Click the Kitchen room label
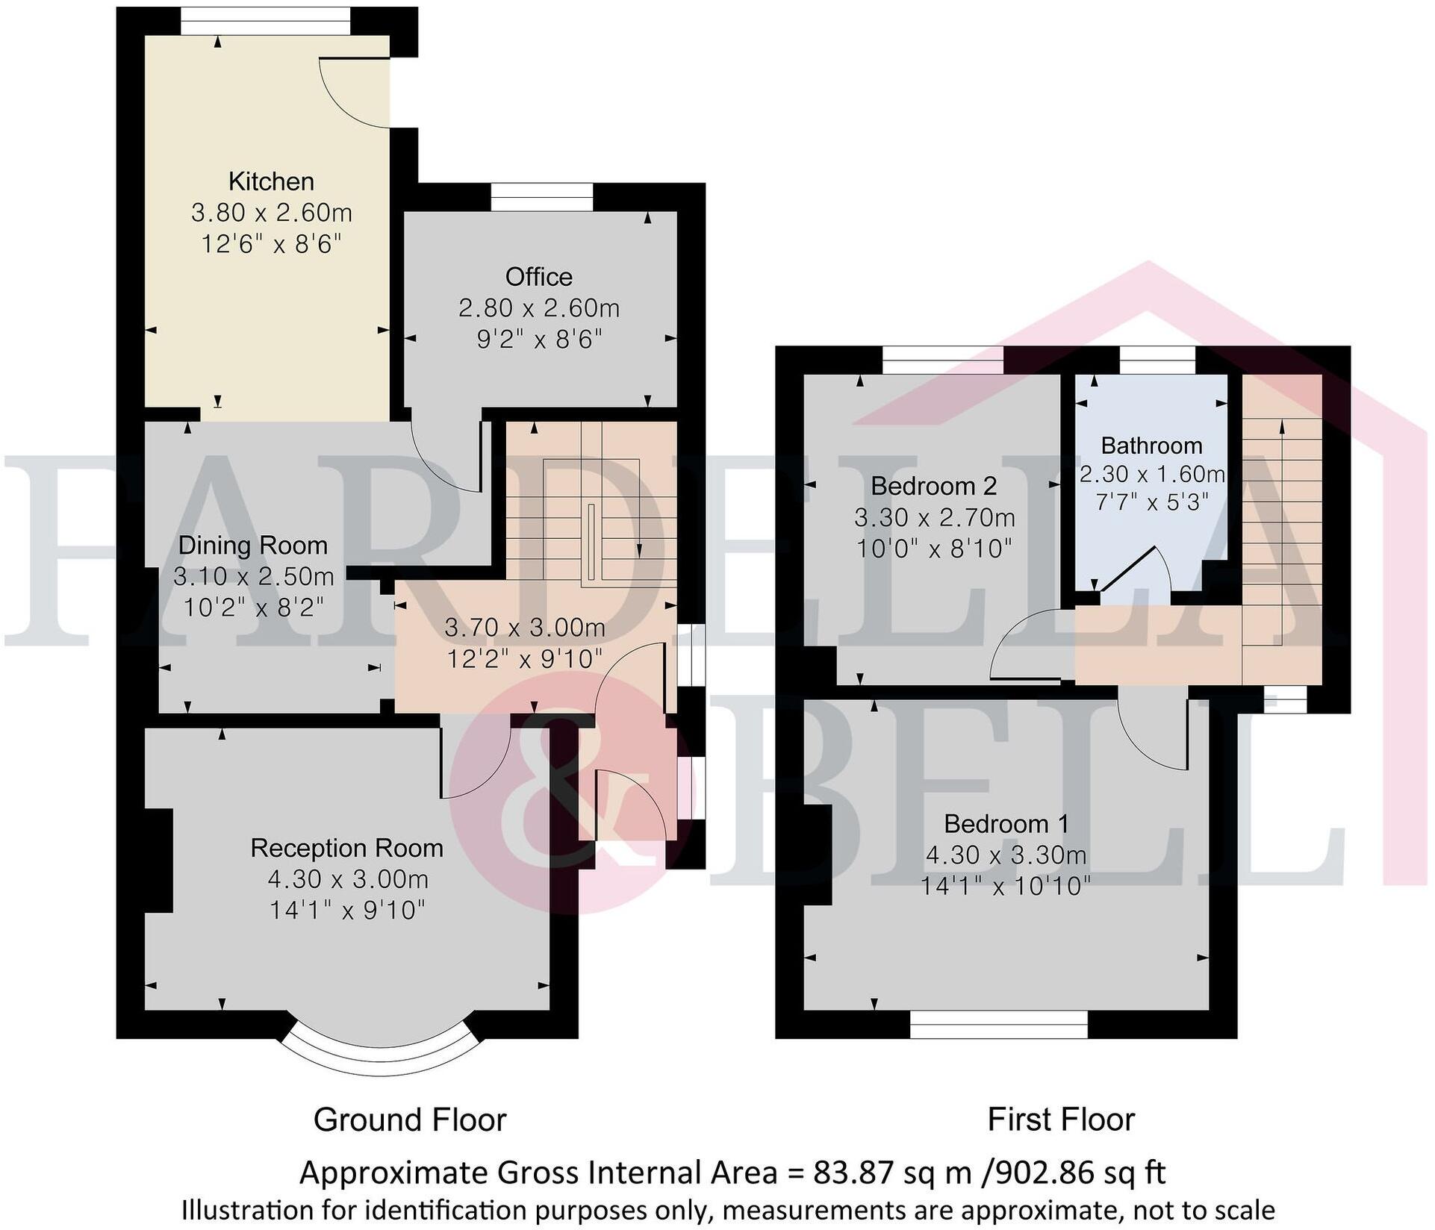[x=271, y=181]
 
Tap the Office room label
[x=539, y=277]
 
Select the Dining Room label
[x=253, y=546]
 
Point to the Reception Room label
[x=347, y=848]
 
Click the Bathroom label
[x=1152, y=446]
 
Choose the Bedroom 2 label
[x=934, y=487]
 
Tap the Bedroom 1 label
[x=1006, y=824]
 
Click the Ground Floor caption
[x=410, y=1120]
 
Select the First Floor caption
[x=1061, y=1120]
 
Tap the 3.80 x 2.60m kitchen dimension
[x=272, y=213]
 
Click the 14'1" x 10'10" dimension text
[x=1006, y=886]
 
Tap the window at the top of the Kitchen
[x=267, y=21]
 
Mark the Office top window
[x=542, y=198]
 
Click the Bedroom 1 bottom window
[x=999, y=1024]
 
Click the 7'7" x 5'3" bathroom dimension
[x=1152, y=502]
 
